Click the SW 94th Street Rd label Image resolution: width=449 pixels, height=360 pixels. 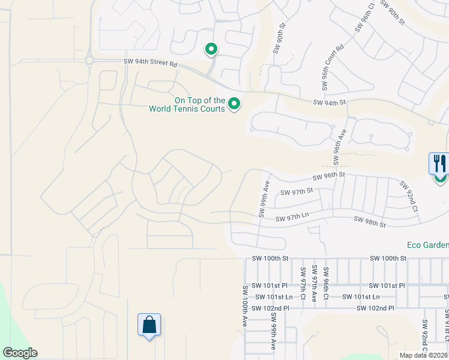coord(151,62)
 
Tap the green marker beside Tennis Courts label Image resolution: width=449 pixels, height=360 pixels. coord(234,105)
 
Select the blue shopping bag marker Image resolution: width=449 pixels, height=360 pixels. coord(148,326)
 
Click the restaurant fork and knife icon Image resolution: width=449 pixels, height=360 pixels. coord(439,163)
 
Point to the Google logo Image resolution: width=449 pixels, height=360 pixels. coord(20,353)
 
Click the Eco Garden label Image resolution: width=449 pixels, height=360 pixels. coord(428,245)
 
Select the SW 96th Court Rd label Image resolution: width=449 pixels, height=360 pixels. coord(332,67)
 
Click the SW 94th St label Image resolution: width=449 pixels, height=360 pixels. coord(330,103)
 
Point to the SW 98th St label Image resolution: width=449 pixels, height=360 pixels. coord(369,223)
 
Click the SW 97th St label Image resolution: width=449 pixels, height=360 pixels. coord(297,192)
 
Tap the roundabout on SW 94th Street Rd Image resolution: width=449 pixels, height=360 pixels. coord(89,60)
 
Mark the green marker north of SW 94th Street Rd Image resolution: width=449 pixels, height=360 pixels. coord(211,49)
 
